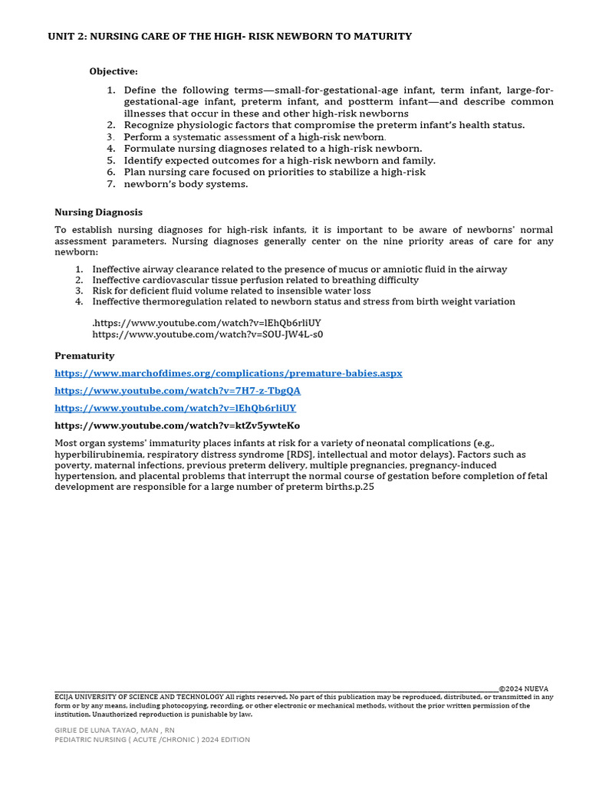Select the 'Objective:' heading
click(x=114, y=71)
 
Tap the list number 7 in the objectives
click(x=111, y=184)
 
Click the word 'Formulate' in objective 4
click(x=150, y=149)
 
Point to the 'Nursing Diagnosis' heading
click(x=98, y=212)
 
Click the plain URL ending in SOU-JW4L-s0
click(x=207, y=334)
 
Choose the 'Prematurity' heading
click(x=84, y=356)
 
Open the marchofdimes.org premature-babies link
click(x=228, y=373)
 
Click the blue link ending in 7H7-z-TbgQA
click(x=177, y=390)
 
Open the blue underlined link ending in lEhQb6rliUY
click(x=175, y=408)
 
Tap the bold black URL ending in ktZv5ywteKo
click(x=177, y=425)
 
